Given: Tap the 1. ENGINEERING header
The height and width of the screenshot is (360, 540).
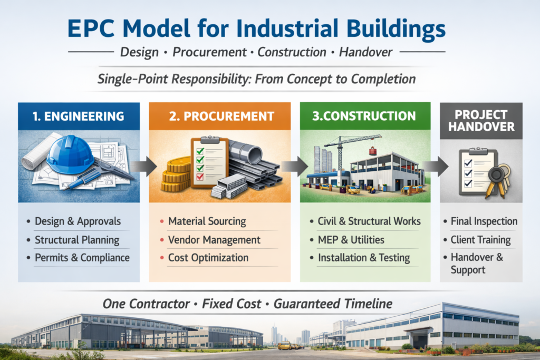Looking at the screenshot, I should click(79, 116).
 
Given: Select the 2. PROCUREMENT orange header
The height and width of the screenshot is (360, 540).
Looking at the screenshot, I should click(219, 116).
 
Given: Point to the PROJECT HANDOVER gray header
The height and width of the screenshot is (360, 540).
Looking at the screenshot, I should click(481, 121).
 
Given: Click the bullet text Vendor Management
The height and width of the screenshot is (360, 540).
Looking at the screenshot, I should click(214, 240).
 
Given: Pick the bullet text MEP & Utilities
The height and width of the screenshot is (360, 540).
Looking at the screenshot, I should click(351, 240).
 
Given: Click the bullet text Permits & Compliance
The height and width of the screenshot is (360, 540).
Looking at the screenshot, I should click(82, 258).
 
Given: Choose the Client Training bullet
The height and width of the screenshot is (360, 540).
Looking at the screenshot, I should click(480, 240).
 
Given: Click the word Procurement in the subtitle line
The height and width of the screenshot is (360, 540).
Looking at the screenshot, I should click(210, 52).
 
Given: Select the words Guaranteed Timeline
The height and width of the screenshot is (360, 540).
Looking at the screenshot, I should click(335, 304).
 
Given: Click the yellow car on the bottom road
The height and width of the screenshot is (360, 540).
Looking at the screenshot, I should click(285, 345).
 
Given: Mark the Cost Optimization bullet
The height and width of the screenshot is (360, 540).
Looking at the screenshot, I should click(208, 258).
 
